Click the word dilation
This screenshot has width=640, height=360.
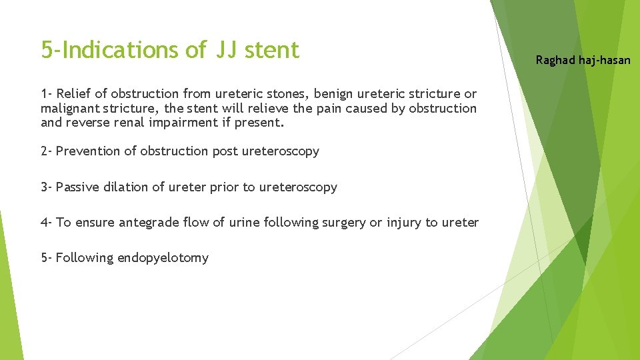pos(126,187)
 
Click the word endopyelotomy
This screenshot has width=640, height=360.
pos(163,258)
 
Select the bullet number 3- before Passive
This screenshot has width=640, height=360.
pos(47,187)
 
